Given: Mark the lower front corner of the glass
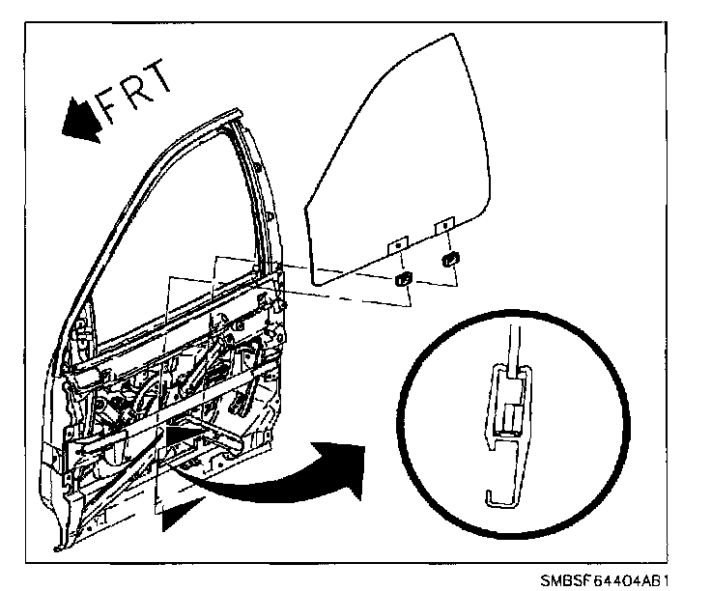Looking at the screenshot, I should click(317, 282).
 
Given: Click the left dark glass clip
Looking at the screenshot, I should click(402, 280).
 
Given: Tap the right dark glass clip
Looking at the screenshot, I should click(449, 258).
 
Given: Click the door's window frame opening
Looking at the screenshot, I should click(174, 241).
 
